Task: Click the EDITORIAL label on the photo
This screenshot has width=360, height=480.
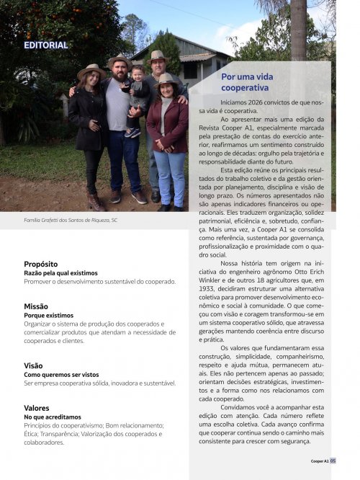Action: pos(45,45)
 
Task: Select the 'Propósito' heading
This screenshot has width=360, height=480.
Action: pos(40,264)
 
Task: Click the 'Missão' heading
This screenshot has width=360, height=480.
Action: pos(36,306)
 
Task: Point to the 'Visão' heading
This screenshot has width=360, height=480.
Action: pos(33,365)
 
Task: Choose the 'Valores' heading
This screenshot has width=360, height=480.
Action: pos(37,408)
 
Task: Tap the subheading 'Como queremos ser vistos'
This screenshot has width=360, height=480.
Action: pos(61,375)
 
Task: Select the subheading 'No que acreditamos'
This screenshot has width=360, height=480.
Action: pos(53,417)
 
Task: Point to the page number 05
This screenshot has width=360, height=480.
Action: pos(333,461)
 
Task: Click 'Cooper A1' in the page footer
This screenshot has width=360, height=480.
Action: pos(320,461)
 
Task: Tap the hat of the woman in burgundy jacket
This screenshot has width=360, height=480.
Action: pos(166,79)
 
